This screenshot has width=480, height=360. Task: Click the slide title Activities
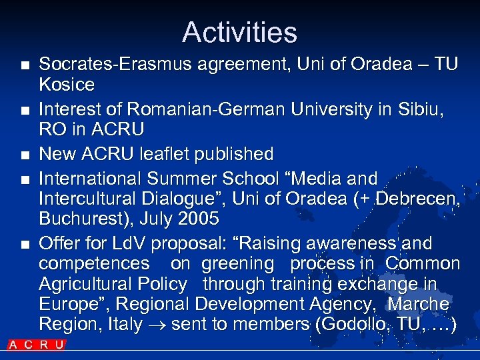(239, 32)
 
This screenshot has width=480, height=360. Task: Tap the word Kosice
(67, 85)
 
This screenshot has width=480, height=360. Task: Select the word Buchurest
(85, 219)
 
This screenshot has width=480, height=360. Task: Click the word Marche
(419, 304)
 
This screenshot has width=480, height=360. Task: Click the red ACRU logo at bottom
(37, 345)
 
